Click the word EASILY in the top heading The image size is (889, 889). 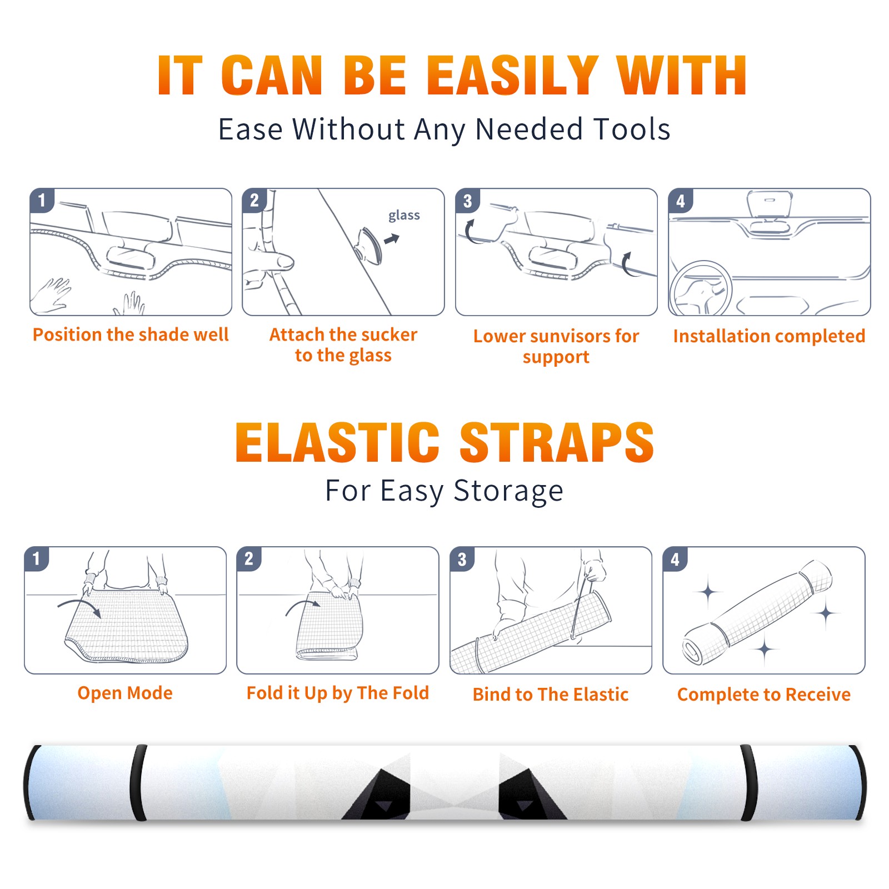512,76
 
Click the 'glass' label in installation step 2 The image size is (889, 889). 404,216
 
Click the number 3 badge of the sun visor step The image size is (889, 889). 467,201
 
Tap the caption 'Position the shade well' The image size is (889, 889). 131,334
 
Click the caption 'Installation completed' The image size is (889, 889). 769,336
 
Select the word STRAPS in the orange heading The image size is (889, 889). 557,442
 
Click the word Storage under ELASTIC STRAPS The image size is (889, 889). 508,492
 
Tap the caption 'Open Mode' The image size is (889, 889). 125,693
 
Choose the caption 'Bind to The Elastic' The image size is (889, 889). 551,694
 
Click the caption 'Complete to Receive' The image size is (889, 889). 764,694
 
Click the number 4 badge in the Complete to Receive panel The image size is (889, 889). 675,560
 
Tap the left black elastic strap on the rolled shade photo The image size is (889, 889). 138,783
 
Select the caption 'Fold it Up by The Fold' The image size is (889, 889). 338,693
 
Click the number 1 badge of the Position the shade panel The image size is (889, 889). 42,201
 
